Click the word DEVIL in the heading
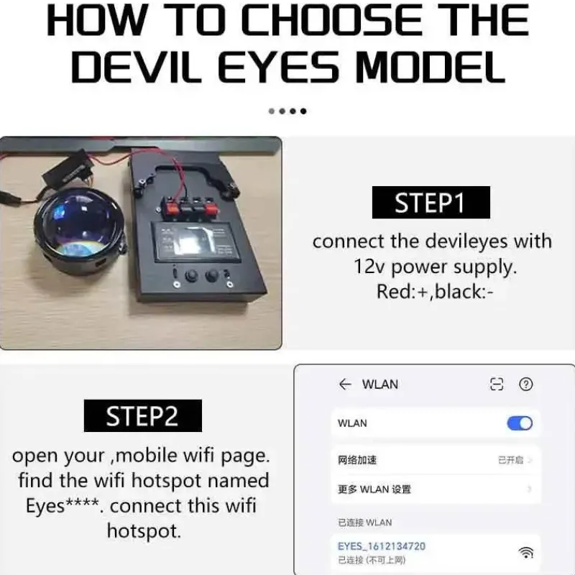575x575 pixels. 136,67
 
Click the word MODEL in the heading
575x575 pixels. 431,67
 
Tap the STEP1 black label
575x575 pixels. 431,203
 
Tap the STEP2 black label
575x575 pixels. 142,415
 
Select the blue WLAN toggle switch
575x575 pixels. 520,423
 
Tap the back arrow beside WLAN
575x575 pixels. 345,384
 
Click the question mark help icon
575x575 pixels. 526,385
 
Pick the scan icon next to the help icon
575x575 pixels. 497,385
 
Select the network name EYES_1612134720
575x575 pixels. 382,546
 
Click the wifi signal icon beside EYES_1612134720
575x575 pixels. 526,552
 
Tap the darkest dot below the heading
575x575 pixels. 303,111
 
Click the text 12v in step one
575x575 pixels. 369,267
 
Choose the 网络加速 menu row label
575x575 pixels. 357,460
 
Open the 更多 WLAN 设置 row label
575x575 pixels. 374,489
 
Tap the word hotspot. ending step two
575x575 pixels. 144,530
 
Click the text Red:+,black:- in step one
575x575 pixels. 435,292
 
